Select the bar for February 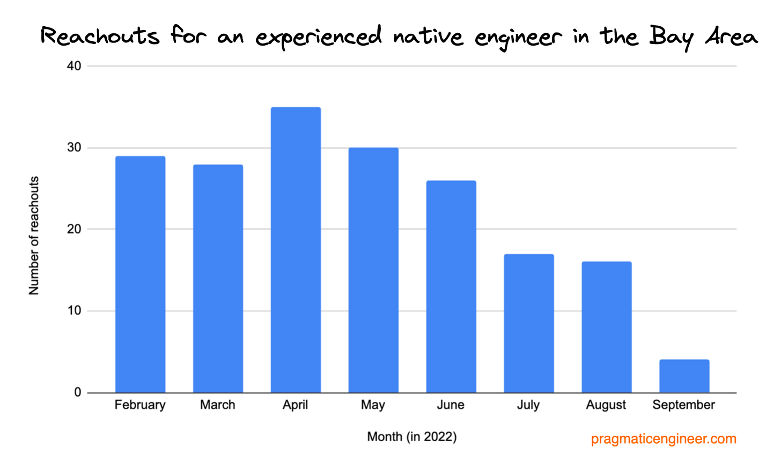click(140, 274)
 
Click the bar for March click(218, 278)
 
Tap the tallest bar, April click(296, 250)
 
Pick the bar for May click(373, 270)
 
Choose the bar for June click(451, 287)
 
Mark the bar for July click(529, 323)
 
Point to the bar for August click(607, 327)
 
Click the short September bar click(684, 376)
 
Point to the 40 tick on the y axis click(74, 66)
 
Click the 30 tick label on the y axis click(74, 148)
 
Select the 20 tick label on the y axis click(74, 229)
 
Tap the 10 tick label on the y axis click(74, 311)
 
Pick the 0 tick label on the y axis click(78, 392)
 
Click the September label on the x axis click(683, 405)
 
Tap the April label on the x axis click(295, 405)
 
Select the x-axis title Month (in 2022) click(411, 437)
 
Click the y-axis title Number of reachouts click(34, 236)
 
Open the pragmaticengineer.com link click(664, 439)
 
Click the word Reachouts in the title click(100, 36)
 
